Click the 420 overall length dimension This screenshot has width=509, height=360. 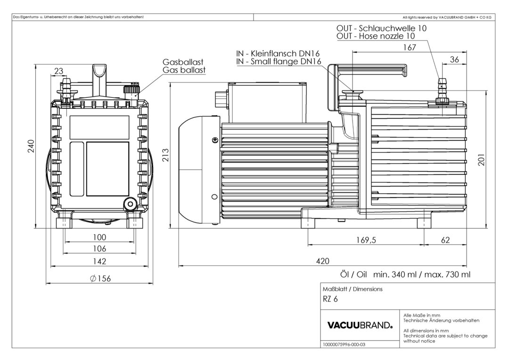(x=322, y=261)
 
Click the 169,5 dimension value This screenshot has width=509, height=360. (x=366, y=240)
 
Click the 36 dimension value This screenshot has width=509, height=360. (x=455, y=59)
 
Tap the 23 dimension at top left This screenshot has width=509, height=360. (x=59, y=71)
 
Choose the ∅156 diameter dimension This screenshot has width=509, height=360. (x=99, y=278)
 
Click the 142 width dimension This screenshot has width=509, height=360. (x=99, y=261)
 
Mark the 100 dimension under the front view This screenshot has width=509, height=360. (x=99, y=237)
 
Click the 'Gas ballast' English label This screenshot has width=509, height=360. (x=184, y=70)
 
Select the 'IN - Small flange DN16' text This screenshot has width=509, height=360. (x=279, y=62)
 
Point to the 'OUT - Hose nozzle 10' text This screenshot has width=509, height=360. (x=376, y=36)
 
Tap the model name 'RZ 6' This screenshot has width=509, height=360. (x=330, y=299)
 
